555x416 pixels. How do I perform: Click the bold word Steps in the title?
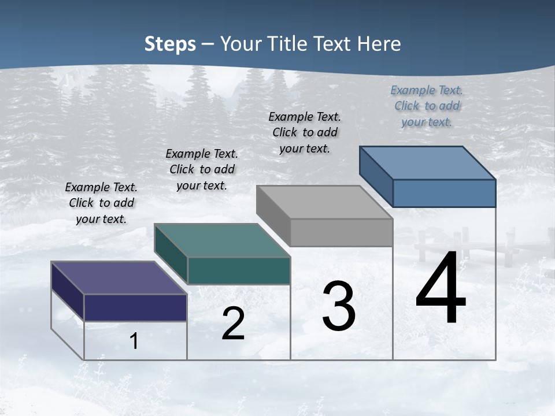170,44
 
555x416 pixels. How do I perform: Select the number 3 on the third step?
339,306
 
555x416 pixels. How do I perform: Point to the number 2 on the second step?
233,324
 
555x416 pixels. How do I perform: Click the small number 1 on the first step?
134,341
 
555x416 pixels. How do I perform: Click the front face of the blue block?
444,193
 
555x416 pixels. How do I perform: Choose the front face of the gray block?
341,232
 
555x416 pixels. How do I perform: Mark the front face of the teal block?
238,270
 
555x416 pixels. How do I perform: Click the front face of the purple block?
135,307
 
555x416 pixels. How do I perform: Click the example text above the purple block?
101,203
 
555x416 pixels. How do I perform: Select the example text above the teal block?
202,169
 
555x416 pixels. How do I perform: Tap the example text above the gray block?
305,132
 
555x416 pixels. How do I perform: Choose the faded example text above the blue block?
427,106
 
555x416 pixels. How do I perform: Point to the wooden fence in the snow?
462,246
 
